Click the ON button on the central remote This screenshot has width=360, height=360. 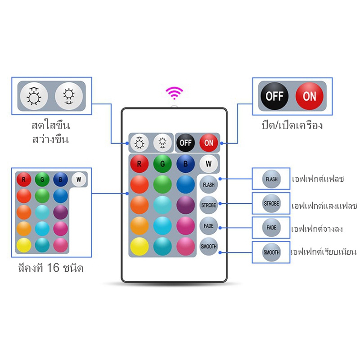point(208,143)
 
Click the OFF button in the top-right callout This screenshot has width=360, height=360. point(274,96)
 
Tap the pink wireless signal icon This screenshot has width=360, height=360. point(175,93)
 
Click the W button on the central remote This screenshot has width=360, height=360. point(208,164)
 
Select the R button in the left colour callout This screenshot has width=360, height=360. point(24,179)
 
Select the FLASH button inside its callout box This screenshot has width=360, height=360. point(271,179)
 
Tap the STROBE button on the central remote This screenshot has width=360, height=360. point(208,205)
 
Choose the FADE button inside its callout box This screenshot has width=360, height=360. point(271,228)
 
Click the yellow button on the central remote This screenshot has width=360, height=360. point(139,246)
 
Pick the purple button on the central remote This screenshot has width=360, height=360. point(185,205)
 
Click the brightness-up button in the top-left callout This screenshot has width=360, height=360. point(34,96)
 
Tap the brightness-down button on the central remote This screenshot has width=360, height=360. point(162,143)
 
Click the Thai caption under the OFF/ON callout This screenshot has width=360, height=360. point(292,126)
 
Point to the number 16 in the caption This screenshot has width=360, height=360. point(53,267)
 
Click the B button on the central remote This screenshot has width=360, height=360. point(185,164)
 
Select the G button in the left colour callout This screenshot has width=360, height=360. point(42,179)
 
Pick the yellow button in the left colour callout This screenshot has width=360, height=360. point(24,245)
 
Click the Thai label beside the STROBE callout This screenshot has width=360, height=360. point(324,206)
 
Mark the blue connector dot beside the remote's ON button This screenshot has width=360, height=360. point(221,143)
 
